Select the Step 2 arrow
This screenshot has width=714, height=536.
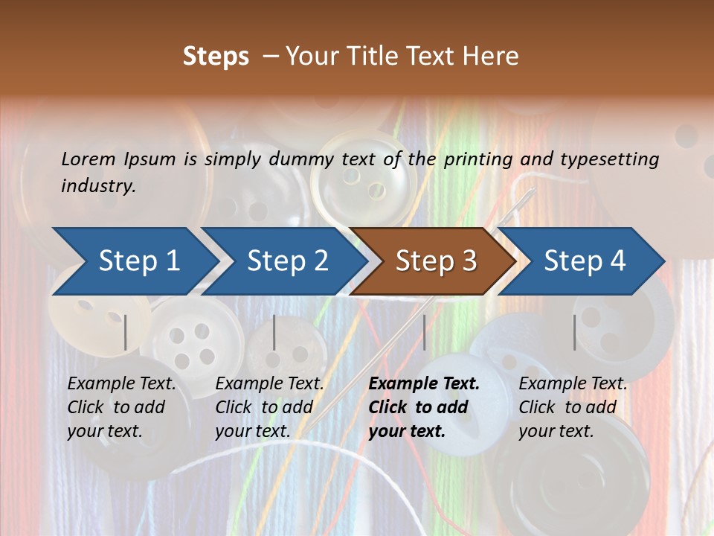(287, 261)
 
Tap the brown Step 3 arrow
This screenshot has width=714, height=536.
(436, 261)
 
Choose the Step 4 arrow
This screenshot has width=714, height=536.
(585, 261)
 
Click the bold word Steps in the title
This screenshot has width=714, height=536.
(216, 56)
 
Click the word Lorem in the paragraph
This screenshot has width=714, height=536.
(89, 159)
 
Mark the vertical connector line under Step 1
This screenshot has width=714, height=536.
(126, 332)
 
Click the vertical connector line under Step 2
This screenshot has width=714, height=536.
(274, 332)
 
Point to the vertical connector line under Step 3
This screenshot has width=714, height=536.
(424, 332)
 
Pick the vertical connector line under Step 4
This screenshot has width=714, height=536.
(574, 332)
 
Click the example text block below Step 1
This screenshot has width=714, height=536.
(121, 407)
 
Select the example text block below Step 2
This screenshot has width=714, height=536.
(269, 407)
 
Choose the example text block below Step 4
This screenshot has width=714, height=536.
(573, 407)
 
